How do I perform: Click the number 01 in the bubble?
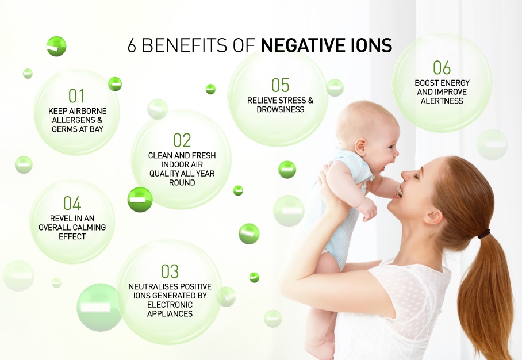coord(76,96)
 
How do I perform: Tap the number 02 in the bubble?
coord(182,140)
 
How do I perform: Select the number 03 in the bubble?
coord(170,271)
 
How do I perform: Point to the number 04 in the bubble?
coord(72,203)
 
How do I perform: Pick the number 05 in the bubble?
coord(281,85)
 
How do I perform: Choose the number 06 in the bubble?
coord(442,68)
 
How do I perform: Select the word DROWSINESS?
coord(281,110)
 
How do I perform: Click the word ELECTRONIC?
coord(170,305)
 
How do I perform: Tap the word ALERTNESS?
coord(442,101)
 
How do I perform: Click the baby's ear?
coord(361,145)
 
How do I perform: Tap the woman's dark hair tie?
coord(484,234)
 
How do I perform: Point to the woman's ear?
coord(434,217)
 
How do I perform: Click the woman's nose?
coord(404,174)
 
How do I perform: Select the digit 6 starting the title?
coord(132,45)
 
